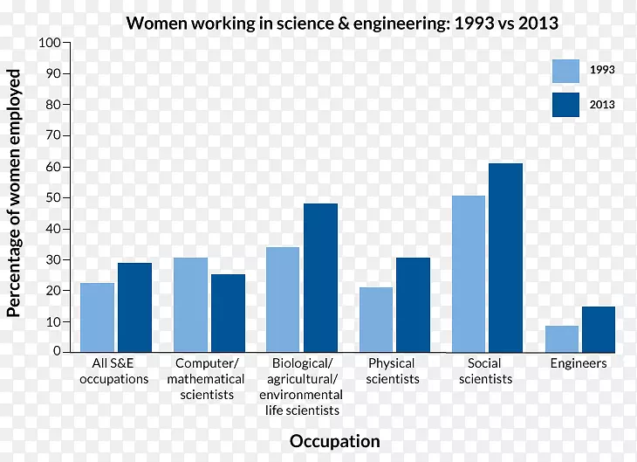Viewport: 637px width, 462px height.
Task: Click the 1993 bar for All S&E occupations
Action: pyautogui.click(x=97, y=317)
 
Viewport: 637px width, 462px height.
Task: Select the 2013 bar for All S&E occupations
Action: pyautogui.click(x=135, y=307)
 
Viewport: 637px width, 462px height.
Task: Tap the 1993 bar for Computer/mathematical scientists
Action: pyautogui.click(x=190, y=304)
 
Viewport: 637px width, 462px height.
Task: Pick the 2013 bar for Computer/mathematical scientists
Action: pyautogui.click(x=228, y=313)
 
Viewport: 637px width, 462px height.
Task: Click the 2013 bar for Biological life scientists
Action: pyautogui.click(x=320, y=277)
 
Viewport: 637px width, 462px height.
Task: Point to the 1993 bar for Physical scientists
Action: pyautogui.click(x=375, y=319)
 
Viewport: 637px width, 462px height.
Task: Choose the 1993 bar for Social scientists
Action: pyautogui.click(x=468, y=273)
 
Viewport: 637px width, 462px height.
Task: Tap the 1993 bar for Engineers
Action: pyautogui.click(x=561, y=338)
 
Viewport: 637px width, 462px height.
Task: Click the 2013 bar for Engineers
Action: pyautogui.click(x=599, y=328)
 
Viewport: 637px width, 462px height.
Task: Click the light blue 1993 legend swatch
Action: pyautogui.click(x=565, y=71)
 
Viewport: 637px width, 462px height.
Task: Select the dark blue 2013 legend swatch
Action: pyautogui.click(x=565, y=105)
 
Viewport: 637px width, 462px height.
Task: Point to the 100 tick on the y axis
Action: pyautogui.click(x=50, y=43)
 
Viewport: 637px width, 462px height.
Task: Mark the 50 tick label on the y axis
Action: pyautogui.click(x=53, y=197)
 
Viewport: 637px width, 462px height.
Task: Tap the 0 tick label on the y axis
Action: pyautogui.click(x=57, y=351)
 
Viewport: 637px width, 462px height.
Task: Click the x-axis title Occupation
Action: pyautogui.click(x=334, y=441)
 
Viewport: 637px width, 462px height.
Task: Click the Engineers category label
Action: pyautogui.click(x=579, y=363)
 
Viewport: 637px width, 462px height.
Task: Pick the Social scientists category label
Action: pyautogui.click(x=484, y=371)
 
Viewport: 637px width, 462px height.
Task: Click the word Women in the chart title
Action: pyautogui.click(x=154, y=24)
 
